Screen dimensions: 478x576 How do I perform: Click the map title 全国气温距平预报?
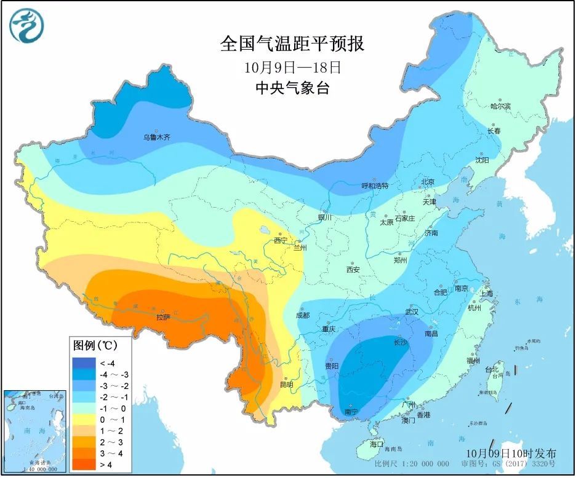292,44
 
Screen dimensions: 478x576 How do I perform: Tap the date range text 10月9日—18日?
292,66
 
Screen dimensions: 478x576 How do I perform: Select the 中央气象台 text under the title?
292,88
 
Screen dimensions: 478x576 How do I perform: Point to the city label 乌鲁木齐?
156,138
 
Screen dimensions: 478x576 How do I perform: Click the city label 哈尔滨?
500,106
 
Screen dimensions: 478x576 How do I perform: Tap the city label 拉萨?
162,317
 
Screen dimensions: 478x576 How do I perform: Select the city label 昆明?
287,385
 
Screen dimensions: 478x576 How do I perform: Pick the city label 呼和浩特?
375,186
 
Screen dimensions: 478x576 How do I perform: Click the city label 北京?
428,182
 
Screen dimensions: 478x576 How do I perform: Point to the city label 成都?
302,315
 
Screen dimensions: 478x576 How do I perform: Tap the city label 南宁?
351,412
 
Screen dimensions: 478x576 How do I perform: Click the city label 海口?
377,444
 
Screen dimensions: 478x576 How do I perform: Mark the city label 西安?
353,269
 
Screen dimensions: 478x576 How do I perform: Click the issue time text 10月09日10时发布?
511,453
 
